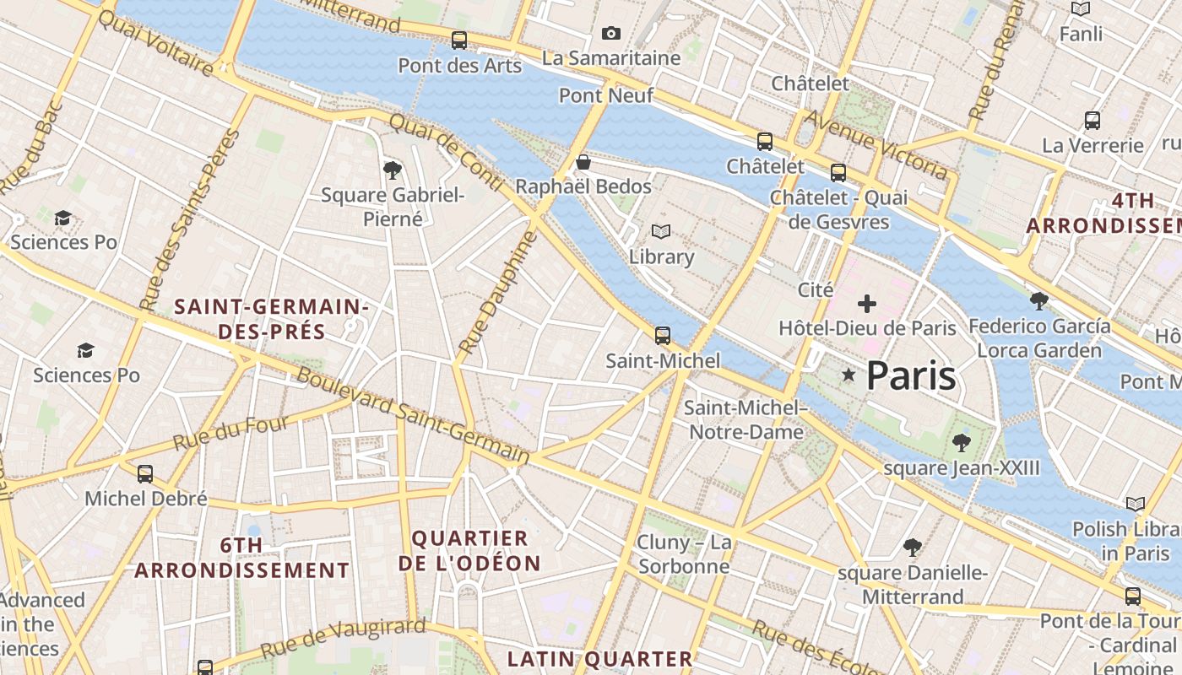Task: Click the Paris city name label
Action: click(x=911, y=375)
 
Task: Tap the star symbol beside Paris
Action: click(x=849, y=375)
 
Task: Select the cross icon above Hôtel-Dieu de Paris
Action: click(x=867, y=304)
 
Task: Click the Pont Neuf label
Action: click(x=606, y=95)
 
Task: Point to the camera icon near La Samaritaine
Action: click(x=611, y=34)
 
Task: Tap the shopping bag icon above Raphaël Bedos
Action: click(x=583, y=162)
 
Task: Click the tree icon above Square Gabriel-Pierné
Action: click(x=392, y=170)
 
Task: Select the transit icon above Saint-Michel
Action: click(x=663, y=336)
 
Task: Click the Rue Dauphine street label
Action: click(x=499, y=293)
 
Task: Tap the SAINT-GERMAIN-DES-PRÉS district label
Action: click(x=271, y=319)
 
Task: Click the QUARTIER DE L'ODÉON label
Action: click(x=469, y=550)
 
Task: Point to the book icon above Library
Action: click(x=661, y=231)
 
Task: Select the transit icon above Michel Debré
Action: click(x=145, y=474)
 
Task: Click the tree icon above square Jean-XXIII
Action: click(x=961, y=443)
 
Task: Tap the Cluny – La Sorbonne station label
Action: click(x=684, y=553)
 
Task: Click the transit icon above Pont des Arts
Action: click(x=459, y=40)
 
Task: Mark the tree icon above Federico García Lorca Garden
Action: click(x=1039, y=300)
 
